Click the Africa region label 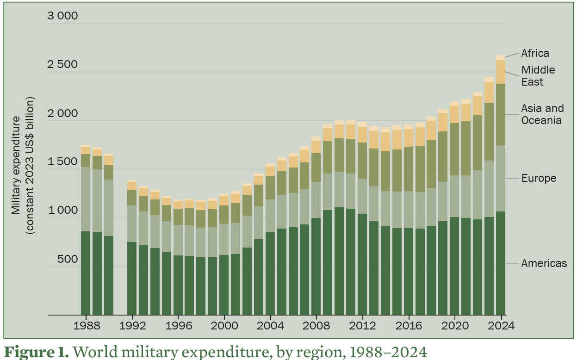click(x=535, y=53)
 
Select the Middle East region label click(x=538, y=76)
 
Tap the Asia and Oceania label click(x=542, y=114)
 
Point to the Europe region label click(x=539, y=178)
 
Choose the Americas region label click(x=544, y=263)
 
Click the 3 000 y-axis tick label click(x=62, y=16)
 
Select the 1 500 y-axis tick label click(x=62, y=162)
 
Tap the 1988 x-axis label click(x=87, y=325)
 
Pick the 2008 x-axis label click(x=316, y=325)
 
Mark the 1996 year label click(x=179, y=325)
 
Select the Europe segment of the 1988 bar click(x=86, y=199)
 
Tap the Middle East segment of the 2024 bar click(x=501, y=72)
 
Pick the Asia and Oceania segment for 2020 click(x=454, y=149)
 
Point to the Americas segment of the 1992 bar click(x=132, y=278)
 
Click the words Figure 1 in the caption click(x=37, y=352)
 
